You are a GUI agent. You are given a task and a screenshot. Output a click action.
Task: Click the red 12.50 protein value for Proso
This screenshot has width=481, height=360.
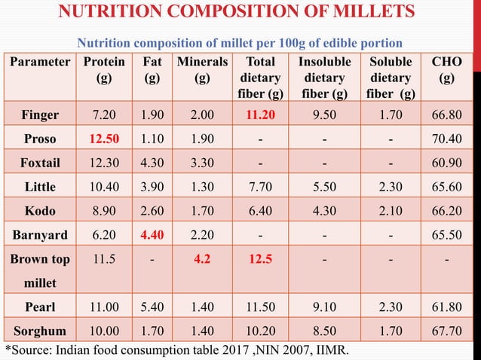click(x=104, y=139)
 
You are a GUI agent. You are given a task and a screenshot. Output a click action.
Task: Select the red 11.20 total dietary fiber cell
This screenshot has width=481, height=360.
click(x=259, y=115)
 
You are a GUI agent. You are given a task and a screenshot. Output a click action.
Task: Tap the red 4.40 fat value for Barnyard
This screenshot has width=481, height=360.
click(x=152, y=234)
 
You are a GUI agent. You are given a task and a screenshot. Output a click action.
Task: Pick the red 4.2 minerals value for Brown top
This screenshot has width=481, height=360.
click(x=201, y=259)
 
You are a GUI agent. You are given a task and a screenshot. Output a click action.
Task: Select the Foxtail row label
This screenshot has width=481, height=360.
click(x=40, y=163)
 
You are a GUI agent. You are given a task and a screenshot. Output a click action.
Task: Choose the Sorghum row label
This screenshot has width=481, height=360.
click(x=40, y=331)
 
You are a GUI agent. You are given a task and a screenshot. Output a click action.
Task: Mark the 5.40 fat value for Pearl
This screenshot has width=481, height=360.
click(x=152, y=307)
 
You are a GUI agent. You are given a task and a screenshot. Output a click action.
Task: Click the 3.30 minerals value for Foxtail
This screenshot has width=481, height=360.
click(x=201, y=163)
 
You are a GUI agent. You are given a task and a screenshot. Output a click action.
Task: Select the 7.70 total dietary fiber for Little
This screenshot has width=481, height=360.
click(x=259, y=187)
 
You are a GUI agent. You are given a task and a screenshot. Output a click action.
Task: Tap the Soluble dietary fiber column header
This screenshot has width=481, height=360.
click(x=391, y=78)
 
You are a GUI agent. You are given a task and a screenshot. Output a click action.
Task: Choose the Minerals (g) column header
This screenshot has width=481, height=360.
click(x=201, y=69)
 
